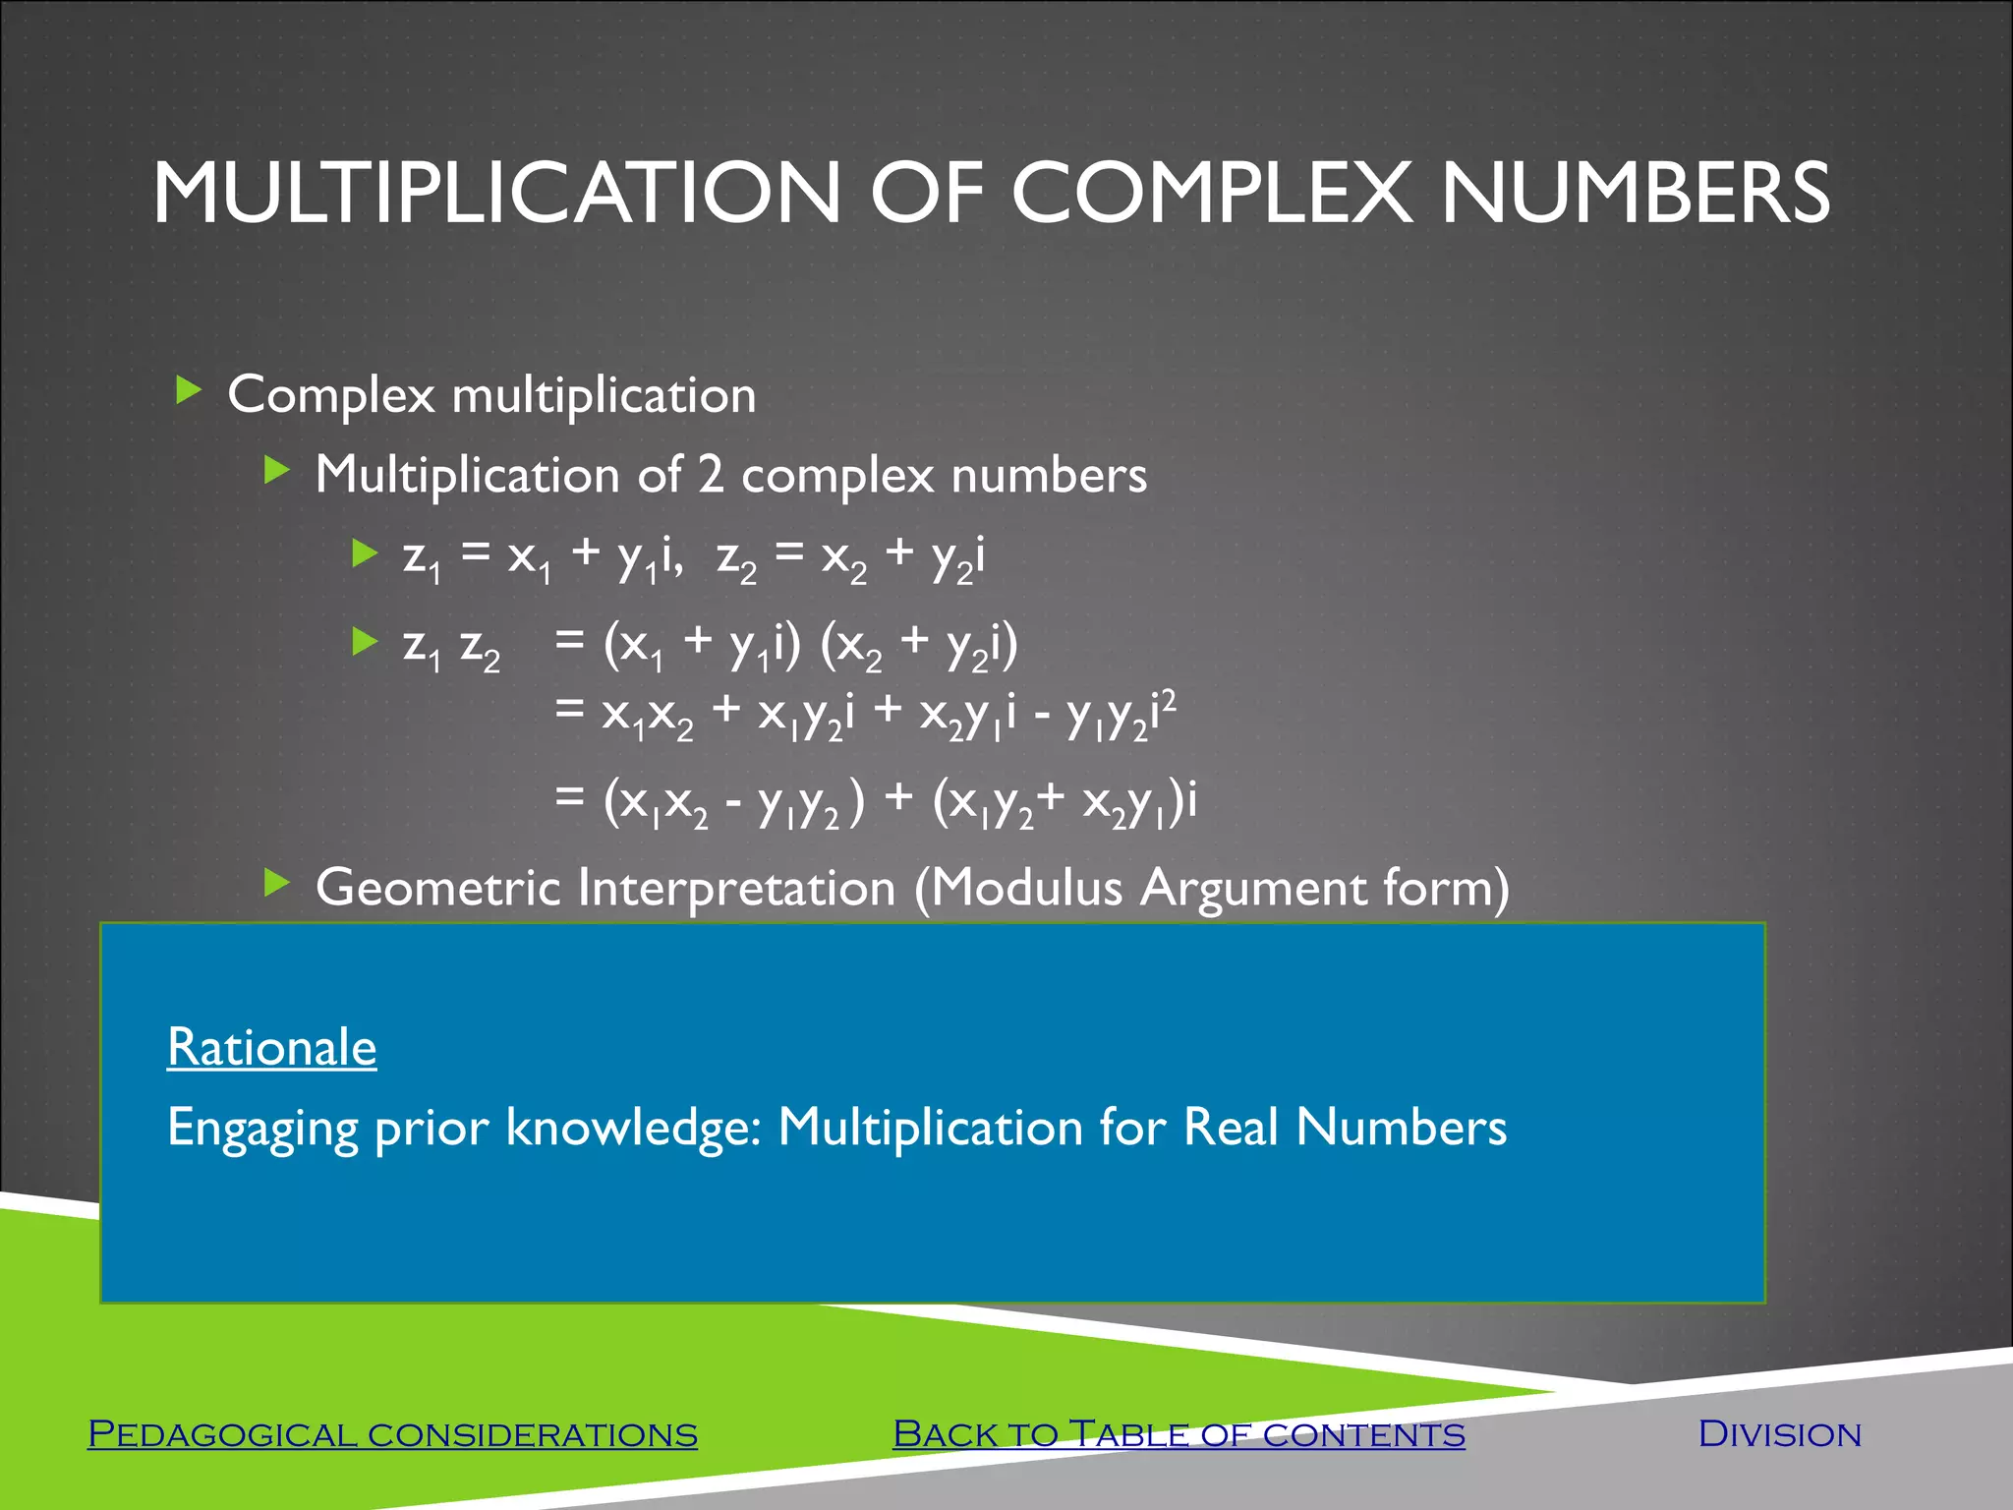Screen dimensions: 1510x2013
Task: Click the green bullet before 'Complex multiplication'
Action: coord(188,391)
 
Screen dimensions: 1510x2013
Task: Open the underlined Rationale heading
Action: coord(271,1047)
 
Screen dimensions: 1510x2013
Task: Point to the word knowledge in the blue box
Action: coord(634,1127)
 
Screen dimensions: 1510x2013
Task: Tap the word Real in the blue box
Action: coord(1231,1127)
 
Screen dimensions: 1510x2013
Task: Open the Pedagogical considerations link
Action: coord(392,1434)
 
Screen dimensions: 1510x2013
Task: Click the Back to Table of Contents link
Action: coord(1179,1434)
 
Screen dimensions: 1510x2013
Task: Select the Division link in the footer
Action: coord(1780,1434)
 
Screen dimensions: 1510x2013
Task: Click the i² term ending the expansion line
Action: coord(1164,711)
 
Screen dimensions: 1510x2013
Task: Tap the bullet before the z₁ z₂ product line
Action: coord(365,642)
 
